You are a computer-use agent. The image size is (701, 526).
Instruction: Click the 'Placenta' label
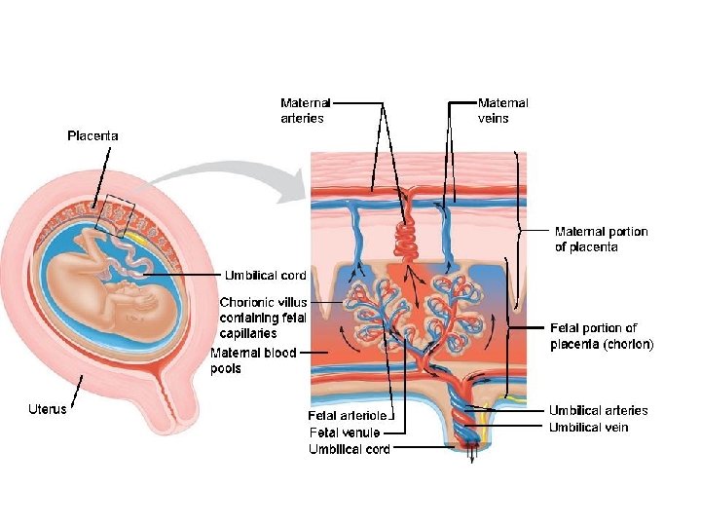92,136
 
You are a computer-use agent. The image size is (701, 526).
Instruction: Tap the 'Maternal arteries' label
305,110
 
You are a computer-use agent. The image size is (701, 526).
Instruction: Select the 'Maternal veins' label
502,110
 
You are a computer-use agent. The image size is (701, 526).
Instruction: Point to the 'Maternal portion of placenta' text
601,240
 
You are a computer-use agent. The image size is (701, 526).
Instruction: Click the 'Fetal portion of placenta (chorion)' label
602,336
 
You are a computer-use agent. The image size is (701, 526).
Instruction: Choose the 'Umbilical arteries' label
598,410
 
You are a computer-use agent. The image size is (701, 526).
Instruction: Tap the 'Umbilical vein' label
588,428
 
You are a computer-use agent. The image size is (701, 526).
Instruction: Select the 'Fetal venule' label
344,432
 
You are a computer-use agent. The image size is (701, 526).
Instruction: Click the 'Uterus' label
47,408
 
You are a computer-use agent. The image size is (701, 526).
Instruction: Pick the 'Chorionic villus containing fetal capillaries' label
263,318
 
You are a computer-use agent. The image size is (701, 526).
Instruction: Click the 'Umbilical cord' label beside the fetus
266,276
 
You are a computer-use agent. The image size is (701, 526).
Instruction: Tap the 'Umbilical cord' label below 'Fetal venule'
350,449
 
